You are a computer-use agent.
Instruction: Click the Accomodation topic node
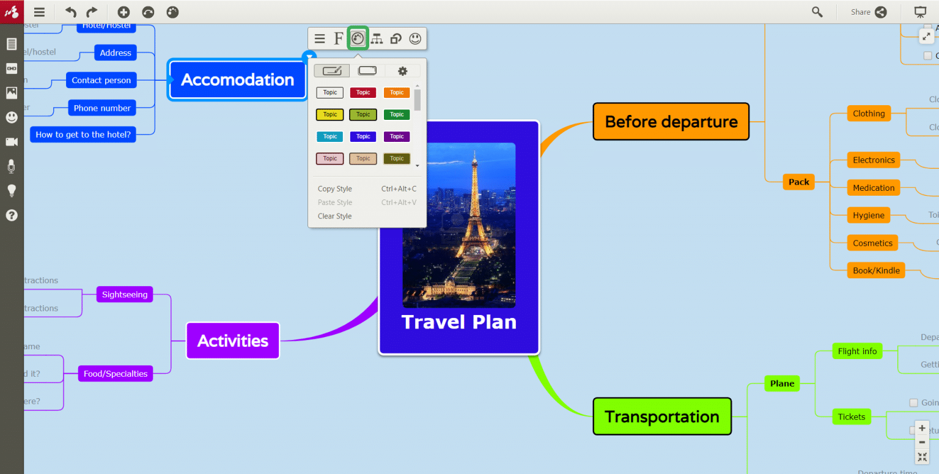(x=237, y=80)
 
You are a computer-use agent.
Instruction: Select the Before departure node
(x=671, y=122)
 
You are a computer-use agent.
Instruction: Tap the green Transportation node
(x=661, y=417)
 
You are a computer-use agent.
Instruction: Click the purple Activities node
(x=232, y=341)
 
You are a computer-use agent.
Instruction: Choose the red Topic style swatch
(x=363, y=93)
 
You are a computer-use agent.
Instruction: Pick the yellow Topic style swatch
(x=330, y=114)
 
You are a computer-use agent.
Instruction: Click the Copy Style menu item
(x=335, y=189)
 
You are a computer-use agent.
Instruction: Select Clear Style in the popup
(x=335, y=216)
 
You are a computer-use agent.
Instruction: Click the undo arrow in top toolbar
(x=71, y=12)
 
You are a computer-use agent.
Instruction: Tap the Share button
(x=869, y=12)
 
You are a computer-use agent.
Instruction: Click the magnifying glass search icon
(x=817, y=12)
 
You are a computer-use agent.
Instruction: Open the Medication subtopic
(x=873, y=188)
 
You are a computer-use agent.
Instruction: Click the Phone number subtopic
(x=102, y=108)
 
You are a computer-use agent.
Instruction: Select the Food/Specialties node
(x=116, y=374)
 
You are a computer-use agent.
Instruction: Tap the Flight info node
(x=857, y=351)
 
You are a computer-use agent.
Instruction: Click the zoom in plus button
(x=922, y=428)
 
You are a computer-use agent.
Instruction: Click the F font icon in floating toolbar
(x=338, y=39)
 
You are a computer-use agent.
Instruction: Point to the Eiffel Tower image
(x=459, y=224)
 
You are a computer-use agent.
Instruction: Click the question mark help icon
(x=12, y=215)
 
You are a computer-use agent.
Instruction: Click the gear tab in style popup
(x=402, y=71)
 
